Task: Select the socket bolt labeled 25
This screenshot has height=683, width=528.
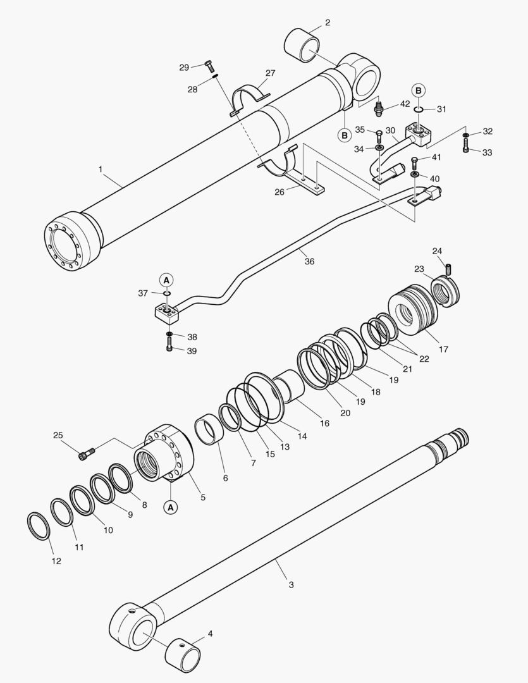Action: pyautogui.click(x=88, y=453)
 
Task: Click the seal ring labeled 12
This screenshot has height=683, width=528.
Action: pyautogui.click(x=40, y=526)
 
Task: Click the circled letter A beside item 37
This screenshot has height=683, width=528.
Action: pyautogui.click(x=166, y=279)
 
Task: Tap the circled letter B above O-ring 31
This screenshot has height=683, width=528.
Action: pyautogui.click(x=419, y=90)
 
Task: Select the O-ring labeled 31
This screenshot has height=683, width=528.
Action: pyautogui.click(x=419, y=109)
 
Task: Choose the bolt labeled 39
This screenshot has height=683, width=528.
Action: pyautogui.click(x=169, y=346)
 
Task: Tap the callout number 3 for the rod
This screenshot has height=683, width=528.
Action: pyautogui.click(x=291, y=585)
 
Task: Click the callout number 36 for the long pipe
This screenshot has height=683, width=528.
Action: pyautogui.click(x=309, y=261)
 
